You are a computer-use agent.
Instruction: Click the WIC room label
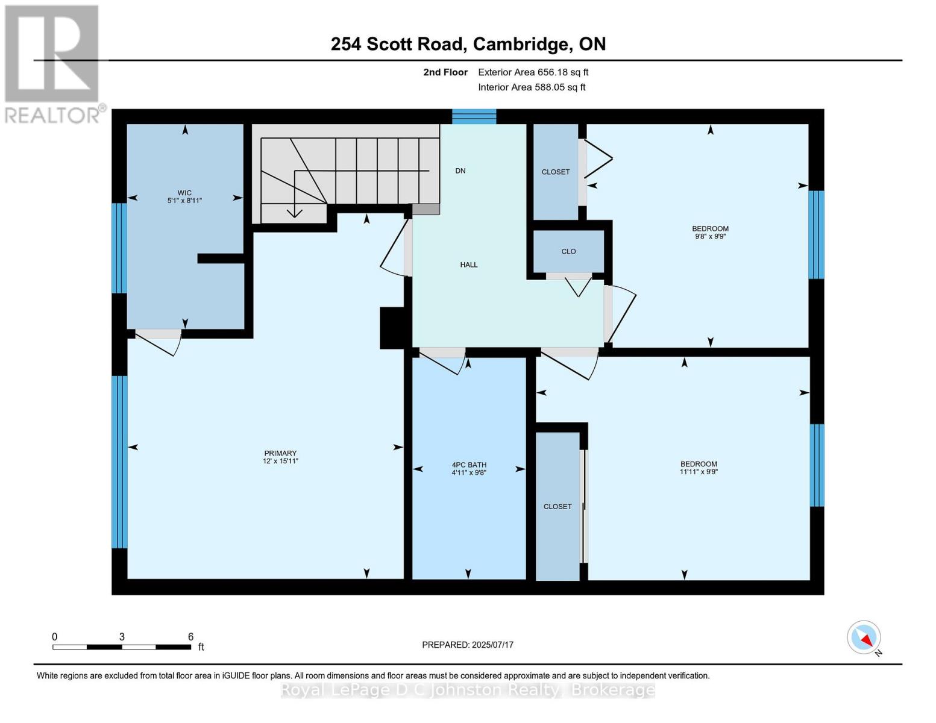pos(184,193)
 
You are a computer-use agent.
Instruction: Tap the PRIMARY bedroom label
pos(280,453)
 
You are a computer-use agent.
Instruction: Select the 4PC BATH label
pos(469,465)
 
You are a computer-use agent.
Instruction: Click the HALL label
pos(469,264)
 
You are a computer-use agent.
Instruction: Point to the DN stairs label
pos(460,171)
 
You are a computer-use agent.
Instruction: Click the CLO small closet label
pos(568,251)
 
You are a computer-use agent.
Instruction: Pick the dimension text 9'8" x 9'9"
pos(710,237)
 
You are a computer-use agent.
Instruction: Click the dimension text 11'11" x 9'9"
pos(699,472)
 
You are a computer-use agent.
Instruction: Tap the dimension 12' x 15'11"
pos(280,461)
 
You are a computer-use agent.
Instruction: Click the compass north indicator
pos(864,637)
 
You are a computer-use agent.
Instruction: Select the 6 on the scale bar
pos(190,637)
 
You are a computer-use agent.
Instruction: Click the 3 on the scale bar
pos(122,637)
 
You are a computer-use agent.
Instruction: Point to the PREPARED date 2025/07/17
pos(468,645)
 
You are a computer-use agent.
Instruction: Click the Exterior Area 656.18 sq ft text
pos(533,72)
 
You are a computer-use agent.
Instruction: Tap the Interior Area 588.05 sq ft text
pos(532,87)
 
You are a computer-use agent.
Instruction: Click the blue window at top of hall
pos(474,116)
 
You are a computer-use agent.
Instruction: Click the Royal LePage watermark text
pos(468,690)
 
